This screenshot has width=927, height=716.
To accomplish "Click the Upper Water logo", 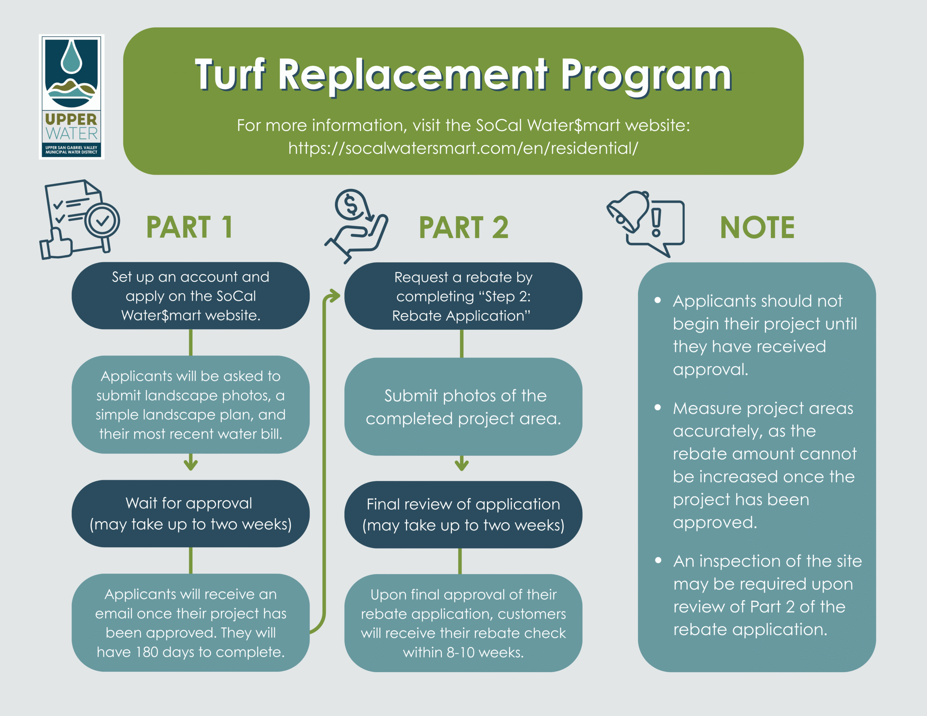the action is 71,97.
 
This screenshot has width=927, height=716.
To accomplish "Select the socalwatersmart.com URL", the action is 463,148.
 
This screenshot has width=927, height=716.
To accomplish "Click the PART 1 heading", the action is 189,227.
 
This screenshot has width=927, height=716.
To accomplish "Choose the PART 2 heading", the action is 463,227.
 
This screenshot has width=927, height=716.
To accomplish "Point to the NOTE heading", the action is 757,227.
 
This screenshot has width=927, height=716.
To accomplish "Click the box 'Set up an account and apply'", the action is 190,296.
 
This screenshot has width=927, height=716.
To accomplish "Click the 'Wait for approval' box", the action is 190,514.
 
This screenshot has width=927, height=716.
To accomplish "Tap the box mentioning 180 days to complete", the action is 190,623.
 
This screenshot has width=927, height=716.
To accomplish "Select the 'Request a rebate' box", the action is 463,296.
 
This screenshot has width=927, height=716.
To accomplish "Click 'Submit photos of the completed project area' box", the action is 463,407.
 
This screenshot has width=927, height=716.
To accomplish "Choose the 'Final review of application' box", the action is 463,514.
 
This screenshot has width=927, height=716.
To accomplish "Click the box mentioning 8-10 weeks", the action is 463,623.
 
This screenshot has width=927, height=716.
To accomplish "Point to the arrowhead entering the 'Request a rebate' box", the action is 336,296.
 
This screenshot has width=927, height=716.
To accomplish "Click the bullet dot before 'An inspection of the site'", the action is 658,560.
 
